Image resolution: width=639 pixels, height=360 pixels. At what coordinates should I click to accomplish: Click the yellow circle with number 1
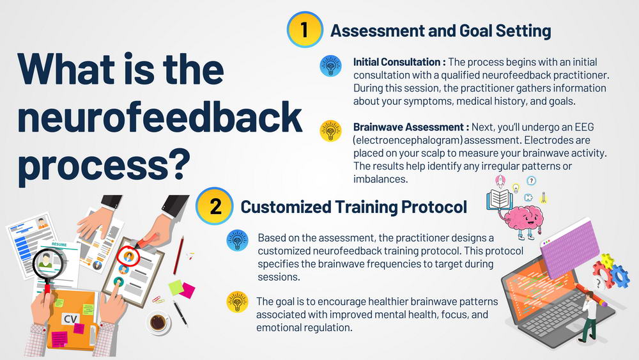[x=305, y=30]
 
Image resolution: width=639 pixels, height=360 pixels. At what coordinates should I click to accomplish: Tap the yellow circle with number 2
[x=214, y=207]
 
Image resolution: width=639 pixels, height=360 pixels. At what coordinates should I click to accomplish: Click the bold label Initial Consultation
[x=397, y=62]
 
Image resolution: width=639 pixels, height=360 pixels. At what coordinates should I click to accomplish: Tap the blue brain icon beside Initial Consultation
[x=330, y=66]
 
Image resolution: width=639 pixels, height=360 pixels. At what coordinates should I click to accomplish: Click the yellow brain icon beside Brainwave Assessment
[x=330, y=131]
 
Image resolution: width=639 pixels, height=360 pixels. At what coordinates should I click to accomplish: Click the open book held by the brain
[x=499, y=200]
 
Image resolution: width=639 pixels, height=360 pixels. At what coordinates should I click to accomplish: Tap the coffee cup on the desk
[x=158, y=322]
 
